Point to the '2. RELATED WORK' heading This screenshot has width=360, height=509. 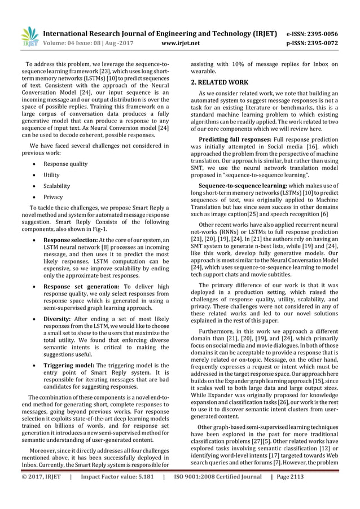pos(219,82)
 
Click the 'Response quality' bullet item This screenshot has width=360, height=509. pos(65,164)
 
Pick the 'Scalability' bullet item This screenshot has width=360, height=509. pos(57,186)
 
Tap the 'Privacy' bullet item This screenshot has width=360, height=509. pos(54,197)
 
